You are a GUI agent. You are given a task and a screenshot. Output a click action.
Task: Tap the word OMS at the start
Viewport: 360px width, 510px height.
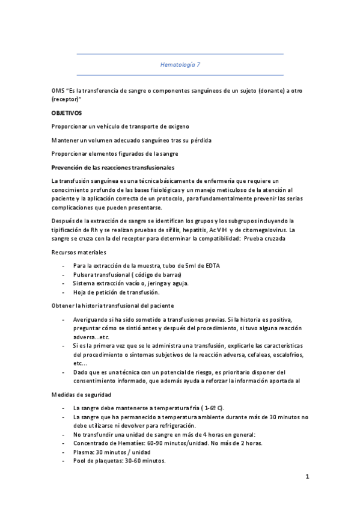[x=58, y=90]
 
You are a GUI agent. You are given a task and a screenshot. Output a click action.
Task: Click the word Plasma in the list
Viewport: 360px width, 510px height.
[x=83, y=452]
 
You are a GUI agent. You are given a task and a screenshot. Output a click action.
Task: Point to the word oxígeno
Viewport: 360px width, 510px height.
[x=175, y=126]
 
